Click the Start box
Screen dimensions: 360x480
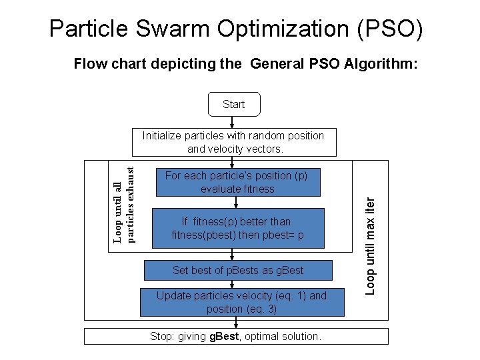click(233, 104)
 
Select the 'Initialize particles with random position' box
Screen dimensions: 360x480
click(233, 142)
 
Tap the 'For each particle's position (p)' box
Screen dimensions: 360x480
click(237, 182)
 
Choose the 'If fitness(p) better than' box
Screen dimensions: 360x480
click(237, 228)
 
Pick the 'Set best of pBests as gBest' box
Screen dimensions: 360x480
click(237, 270)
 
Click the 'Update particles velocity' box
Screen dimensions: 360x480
click(241, 302)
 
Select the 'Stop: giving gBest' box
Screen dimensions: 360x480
click(235, 337)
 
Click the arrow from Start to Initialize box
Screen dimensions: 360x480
click(231, 122)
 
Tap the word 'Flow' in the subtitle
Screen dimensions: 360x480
click(87, 64)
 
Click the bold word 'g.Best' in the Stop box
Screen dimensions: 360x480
click(223, 337)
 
